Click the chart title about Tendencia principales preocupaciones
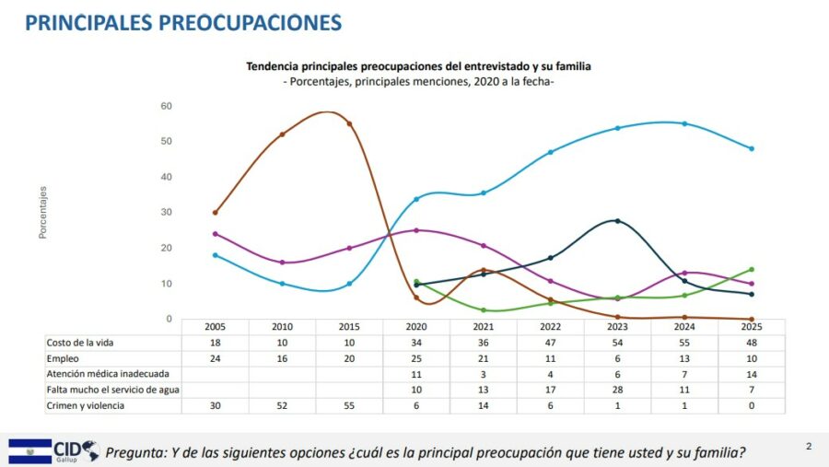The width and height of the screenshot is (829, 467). click(x=418, y=66)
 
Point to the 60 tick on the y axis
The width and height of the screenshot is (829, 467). click(x=167, y=106)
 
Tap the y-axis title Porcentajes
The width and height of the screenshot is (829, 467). click(x=42, y=213)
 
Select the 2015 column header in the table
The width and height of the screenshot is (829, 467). click(x=349, y=326)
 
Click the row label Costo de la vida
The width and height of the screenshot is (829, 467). click(x=82, y=343)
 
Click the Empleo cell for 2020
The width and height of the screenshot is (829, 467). click(x=416, y=358)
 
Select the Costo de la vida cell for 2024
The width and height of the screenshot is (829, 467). click(x=684, y=343)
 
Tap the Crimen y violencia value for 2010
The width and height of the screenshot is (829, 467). click(x=282, y=405)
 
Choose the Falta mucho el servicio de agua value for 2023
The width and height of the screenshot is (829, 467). click(x=617, y=390)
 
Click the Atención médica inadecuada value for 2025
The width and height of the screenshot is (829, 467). click(x=752, y=374)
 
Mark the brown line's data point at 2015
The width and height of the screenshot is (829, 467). click(x=349, y=123)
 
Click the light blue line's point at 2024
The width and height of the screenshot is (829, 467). click(x=684, y=123)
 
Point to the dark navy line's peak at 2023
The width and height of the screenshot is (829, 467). click(x=617, y=220)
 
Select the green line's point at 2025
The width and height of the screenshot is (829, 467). click(x=752, y=269)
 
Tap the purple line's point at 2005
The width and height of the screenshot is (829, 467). click(x=215, y=234)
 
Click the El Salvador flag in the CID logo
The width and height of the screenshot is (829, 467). click(x=29, y=450)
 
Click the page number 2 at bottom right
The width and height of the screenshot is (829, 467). click(x=809, y=448)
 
